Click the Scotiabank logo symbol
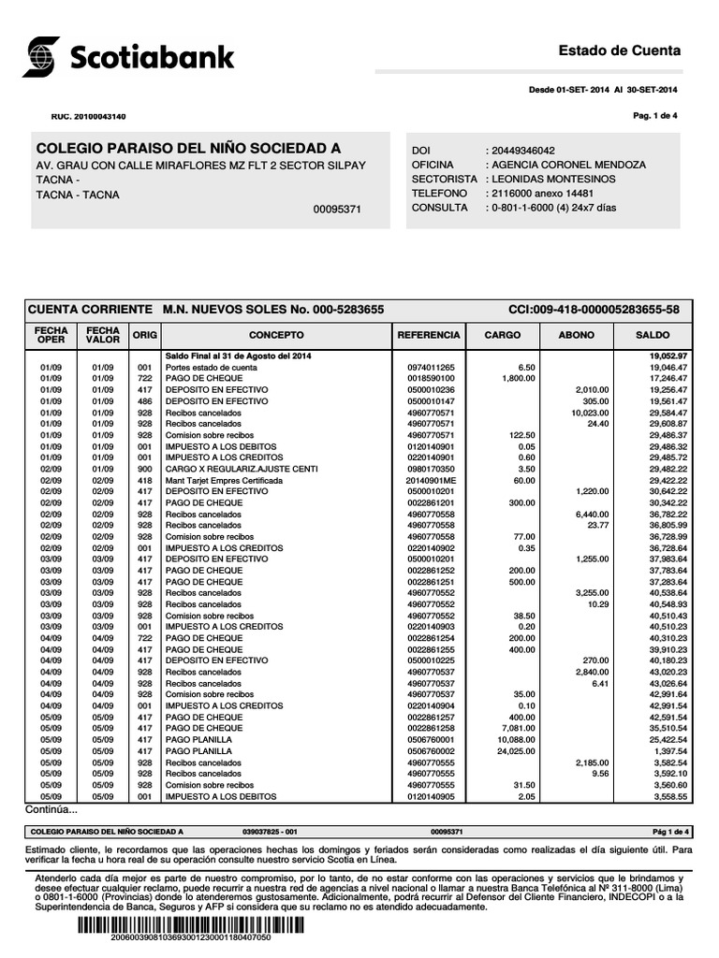[x=41, y=56]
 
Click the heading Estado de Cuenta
[x=619, y=50]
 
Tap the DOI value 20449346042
[x=521, y=151]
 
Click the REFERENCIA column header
[x=429, y=334]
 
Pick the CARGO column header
[x=503, y=334]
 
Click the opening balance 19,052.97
[x=668, y=356]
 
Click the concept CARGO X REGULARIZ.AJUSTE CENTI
[x=242, y=469]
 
